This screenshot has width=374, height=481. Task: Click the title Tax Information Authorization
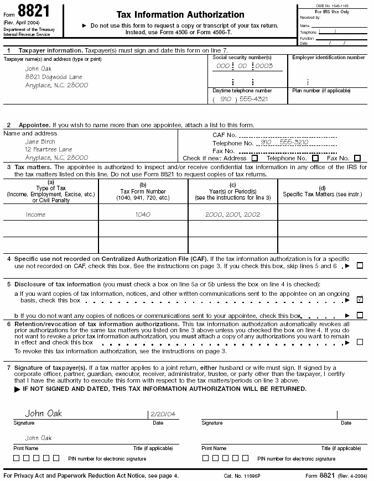tap(180, 15)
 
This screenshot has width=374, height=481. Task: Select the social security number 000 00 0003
tap(245, 66)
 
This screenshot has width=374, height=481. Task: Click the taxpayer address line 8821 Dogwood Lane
tap(54, 77)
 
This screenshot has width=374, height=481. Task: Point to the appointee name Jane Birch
tap(40, 142)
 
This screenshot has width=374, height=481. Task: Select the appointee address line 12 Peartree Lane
tap(49, 149)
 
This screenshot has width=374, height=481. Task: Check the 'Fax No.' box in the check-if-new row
tap(357, 158)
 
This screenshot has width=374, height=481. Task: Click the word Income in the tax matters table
tap(35, 215)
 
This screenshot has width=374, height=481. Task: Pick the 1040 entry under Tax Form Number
tap(143, 215)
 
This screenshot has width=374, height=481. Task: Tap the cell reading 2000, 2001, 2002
tap(233, 215)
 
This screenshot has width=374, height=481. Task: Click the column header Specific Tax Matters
tap(322, 194)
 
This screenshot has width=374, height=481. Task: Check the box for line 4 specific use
tap(360, 265)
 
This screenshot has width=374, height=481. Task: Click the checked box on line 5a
tap(360, 300)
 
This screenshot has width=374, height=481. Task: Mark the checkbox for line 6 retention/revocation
tap(360, 342)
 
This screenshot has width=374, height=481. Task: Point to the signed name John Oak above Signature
tap(44, 414)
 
